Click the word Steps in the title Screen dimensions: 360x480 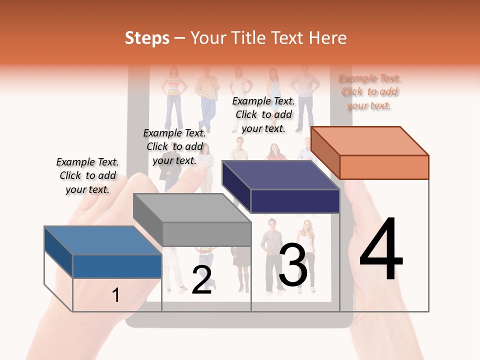tap(147, 38)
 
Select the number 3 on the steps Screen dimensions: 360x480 tap(293, 265)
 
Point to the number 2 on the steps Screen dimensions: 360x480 tap(201, 280)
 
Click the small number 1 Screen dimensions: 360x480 tap(116, 295)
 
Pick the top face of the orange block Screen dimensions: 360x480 tap(369, 140)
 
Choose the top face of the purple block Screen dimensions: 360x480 tap(280, 175)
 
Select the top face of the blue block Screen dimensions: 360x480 tap(102, 240)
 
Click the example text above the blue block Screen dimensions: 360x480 tap(87, 175)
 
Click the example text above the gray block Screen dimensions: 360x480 tap(174, 146)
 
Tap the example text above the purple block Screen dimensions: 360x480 tap(263, 114)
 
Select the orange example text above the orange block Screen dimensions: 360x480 tap(369, 91)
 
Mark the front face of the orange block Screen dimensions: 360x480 tap(384, 167)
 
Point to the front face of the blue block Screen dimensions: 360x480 tap(117, 266)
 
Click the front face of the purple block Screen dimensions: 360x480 tap(295, 201)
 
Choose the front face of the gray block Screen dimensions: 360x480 tap(206, 234)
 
